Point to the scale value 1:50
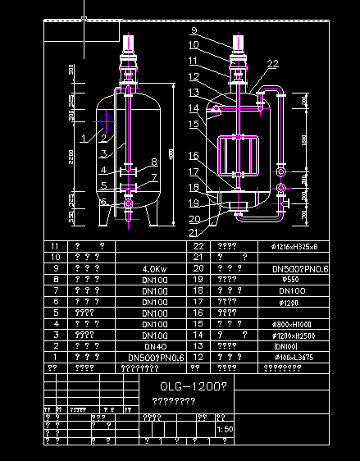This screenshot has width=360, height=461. coord(224,430)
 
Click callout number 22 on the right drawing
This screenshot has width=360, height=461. coord(273,63)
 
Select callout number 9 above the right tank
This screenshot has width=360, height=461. coord(194,30)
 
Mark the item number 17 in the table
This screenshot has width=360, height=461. coord(198,302)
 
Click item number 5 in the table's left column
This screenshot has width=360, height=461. coord(55,313)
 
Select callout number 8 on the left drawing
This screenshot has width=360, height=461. coord(153,162)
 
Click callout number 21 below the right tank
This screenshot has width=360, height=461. coord(194,234)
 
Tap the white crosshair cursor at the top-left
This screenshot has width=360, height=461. coord(84,20)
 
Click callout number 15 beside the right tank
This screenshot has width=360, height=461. coord(194,124)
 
